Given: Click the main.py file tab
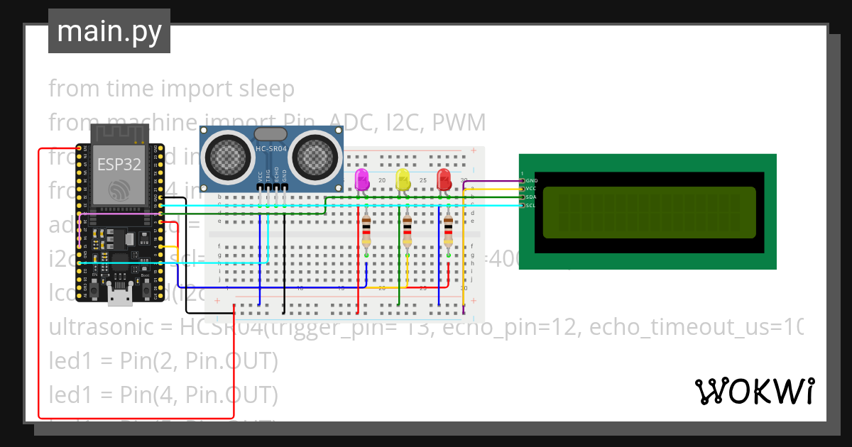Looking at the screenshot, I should (109, 32).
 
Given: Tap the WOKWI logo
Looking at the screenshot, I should (754, 391).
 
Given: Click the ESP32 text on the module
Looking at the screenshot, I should (119, 165).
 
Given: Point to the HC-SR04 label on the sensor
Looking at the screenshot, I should (271, 148).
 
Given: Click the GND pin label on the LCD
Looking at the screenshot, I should (531, 181).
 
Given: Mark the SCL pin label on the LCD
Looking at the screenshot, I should (530, 206).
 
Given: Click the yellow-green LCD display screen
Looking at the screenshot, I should (649, 212).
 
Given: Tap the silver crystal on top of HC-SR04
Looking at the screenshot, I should (271, 133).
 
